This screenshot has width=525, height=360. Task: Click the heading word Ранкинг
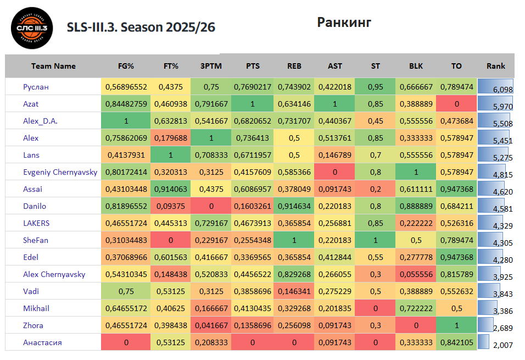[x=344, y=22]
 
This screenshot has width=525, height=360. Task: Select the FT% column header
[x=171, y=66]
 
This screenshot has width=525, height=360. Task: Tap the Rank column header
[x=496, y=66]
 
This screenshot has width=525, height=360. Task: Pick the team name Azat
[x=31, y=104]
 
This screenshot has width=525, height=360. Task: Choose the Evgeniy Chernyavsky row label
[x=60, y=172]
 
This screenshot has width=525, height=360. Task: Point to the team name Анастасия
[x=42, y=342]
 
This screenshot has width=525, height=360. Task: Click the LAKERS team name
[x=36, y=223]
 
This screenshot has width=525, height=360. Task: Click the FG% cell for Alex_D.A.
[x=126, y=121]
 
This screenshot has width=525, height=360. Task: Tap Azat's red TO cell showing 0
[x=456, y=104]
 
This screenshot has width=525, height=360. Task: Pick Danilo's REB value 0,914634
[x=294, y=206]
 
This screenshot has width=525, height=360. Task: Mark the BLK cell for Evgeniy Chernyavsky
[x=416, y=172]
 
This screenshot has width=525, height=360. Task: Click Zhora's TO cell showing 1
[x=456, y=325]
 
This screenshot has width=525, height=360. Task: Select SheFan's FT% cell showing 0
[x=171, y=240]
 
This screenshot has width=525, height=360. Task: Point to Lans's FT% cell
[x=171, y=155]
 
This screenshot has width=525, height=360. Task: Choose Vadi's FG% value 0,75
[x=126, y=291]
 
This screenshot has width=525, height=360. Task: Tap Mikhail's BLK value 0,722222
[x=416, y=308]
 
